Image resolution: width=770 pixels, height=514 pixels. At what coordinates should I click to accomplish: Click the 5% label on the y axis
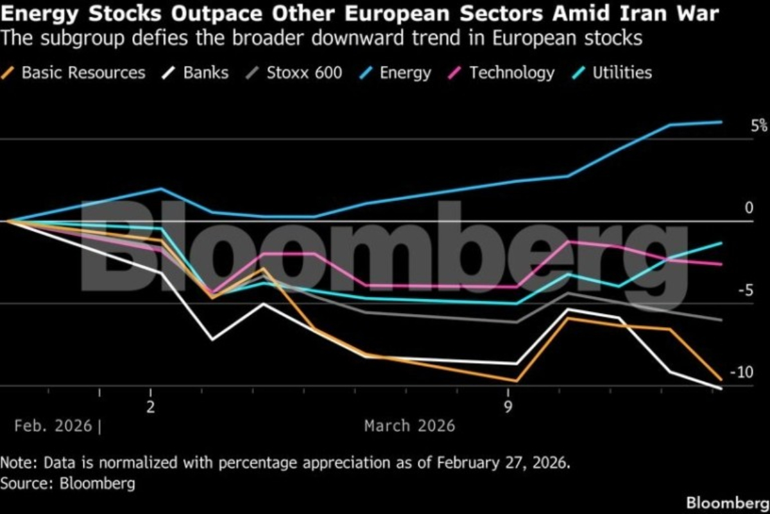(x=759, y=126)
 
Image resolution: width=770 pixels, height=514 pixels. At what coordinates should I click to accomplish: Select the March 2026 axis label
(x=409, y=425)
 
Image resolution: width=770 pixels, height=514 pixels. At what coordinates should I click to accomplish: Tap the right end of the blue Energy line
(x=722, y=121)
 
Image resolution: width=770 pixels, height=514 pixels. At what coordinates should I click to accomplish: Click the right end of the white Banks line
(x=722, y=388)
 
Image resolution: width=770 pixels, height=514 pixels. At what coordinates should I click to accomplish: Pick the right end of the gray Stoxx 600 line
(x=722, y=320)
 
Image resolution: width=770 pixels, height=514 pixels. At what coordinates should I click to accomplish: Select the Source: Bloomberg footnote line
(x=68, y=483)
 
